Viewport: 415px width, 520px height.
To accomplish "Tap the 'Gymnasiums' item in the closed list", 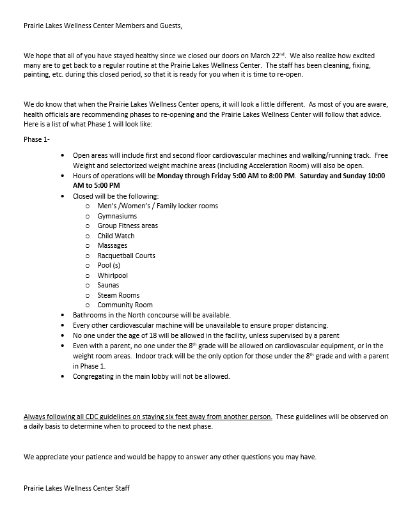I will [x=117, y=216].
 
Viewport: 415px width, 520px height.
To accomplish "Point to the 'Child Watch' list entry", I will [x=116, y=236].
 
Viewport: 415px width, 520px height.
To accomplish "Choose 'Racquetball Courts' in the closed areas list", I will [x=126, y=256].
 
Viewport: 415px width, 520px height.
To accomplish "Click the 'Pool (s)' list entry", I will [x=109, y=265].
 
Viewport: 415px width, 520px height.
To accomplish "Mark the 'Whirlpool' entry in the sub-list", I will [x=113, y=275].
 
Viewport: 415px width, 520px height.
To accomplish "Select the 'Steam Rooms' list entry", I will [x=117, y=295].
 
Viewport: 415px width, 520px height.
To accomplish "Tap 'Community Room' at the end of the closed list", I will [x=125, y=305].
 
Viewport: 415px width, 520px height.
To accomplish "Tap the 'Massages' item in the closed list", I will [x=112, y=245].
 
